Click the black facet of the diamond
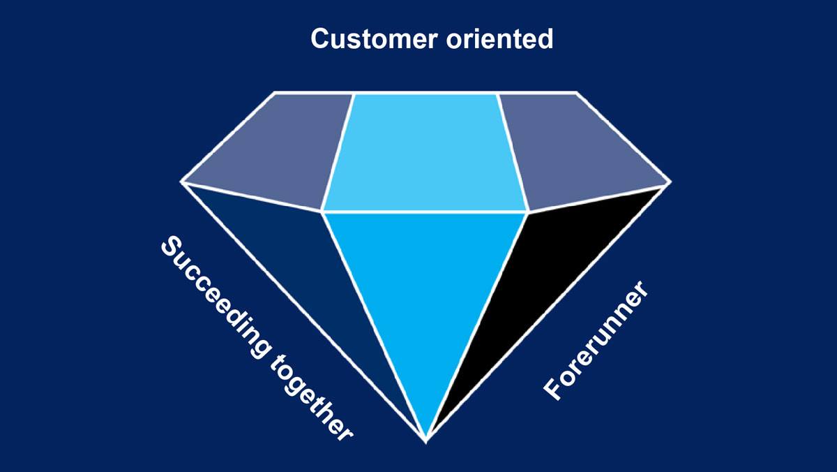click(551, 279)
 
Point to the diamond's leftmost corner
click(181, 182)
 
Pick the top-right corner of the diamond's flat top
click(577, 92)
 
